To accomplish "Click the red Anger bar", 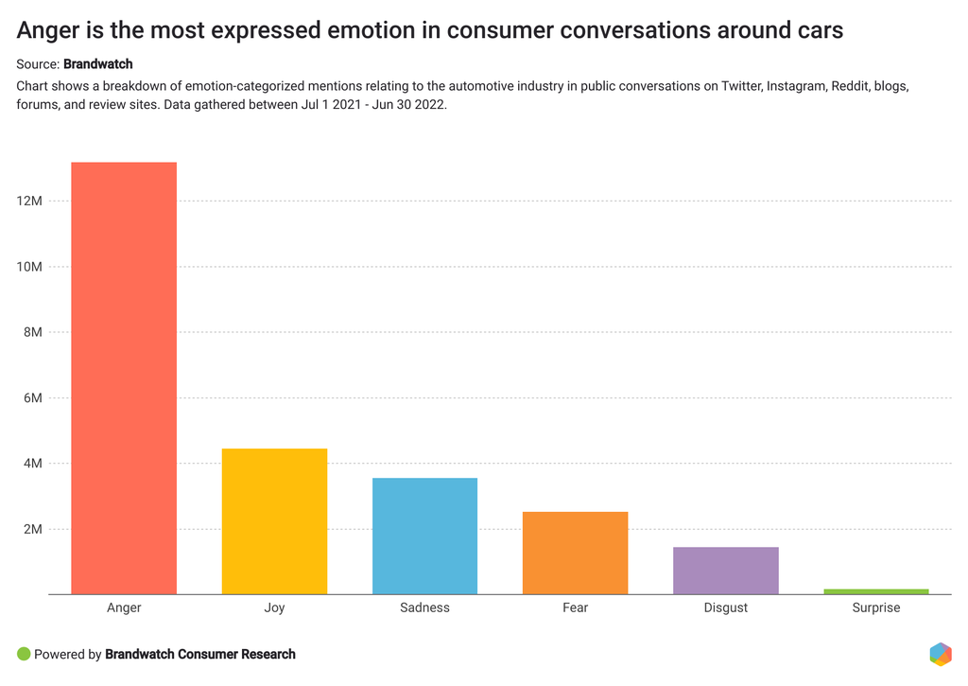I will pyautogui.click(x=124, y=378).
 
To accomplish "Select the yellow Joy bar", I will pyautogui.click(x=274, y=521).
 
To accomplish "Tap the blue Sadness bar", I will pyautogui.click(x=424, y=536).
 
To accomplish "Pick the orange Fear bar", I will pyautogui.click(x=575, y=553).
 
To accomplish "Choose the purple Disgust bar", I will pyautogui.click(x=725, y=571).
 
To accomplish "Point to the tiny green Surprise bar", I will pyautogui.click(x=875, y=591).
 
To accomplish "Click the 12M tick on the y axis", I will pyautogui.click(x=29, y=202).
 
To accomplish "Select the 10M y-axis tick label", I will pyautogui.click(x=29, y=267).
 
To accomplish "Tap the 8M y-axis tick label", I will pyautogui.click(x=32, y=332).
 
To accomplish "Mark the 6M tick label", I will pyautogui.click(x=32, y=398).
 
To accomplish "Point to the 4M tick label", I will pyautogui.click(x=32, y=464).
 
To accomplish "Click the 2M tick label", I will pyautogui.click(x=32, y=529).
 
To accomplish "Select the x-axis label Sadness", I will pyautogui.click(x=424, y=607).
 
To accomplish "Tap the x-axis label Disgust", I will pyautogui.click(x=725, y=607).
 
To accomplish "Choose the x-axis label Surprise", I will pyautogui.click(x=875, y=607).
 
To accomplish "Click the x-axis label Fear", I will pyautogui.click(x=575, y=607).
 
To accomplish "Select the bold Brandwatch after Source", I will pyautogui.click(x=97, y=64).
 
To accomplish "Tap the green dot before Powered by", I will pyautogui.click(x=24, y=654).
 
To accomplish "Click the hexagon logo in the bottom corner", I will pyautogui.click(x=940, y=654).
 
